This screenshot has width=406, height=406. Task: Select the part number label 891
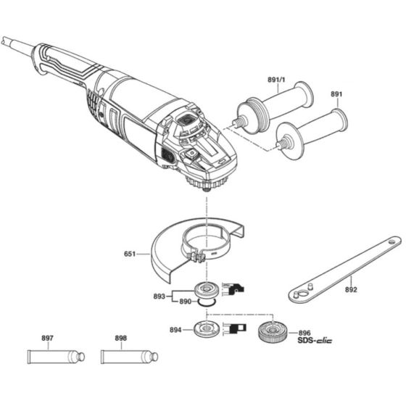(x=336, y=94)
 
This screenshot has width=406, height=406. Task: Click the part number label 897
(x=48, y=339)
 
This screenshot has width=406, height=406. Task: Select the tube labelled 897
(x=54, y=357)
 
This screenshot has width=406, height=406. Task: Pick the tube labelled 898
(x=128, y=357)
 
